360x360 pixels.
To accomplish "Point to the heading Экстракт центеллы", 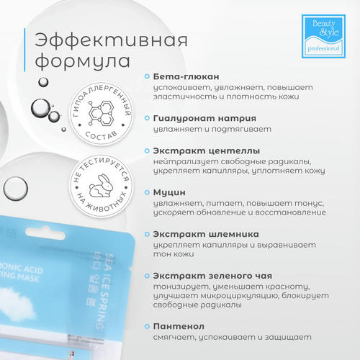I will (204, 153).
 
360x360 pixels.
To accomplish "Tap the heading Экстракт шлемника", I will (205, 233).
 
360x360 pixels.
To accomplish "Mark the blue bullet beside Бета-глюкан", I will (148, 76).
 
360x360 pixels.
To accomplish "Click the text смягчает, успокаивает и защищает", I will (227, 336).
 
